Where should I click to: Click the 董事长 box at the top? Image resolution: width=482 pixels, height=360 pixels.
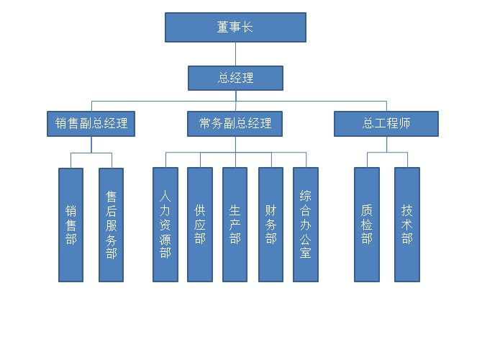click(235, 27)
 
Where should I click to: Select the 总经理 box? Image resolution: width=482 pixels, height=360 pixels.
click(235, 78)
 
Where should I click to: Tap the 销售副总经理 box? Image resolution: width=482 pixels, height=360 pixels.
click(91, 123)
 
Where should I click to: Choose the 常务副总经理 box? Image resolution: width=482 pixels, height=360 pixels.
click(235, 123)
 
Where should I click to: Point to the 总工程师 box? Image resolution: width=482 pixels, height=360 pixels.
click(386, 123)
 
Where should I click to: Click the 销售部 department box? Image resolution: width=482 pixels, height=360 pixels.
click(71, 224)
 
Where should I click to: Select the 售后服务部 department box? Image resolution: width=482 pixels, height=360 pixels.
click(111, 224)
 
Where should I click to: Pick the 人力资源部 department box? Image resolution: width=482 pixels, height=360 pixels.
click(165, 224)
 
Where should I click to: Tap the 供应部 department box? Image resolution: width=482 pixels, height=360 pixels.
click(200, 224)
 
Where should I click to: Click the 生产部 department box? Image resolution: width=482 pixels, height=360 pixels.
click(235, 224)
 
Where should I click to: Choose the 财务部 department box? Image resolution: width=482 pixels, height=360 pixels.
click(270, 224)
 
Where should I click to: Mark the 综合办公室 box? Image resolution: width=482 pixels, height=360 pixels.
click(306, 224)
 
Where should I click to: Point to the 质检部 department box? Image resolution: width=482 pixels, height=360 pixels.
click(367, 224)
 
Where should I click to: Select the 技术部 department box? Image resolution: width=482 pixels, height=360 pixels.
click(407, 224)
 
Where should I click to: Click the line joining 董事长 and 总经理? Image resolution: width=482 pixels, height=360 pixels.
click(235, 54)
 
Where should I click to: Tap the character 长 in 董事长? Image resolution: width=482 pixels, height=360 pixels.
click(247, 27)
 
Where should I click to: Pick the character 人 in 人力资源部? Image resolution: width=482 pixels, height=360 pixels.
click(165, 194)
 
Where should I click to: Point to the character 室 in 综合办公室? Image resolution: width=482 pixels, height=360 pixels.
click(306, 253)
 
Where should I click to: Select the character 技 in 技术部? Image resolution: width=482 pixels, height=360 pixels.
click(407, 210)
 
